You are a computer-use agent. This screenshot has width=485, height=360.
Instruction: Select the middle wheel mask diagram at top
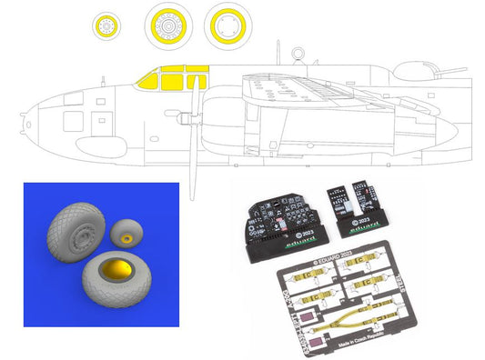tap(168, 25)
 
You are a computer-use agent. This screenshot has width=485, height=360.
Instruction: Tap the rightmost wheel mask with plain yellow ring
tap(227, 25)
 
